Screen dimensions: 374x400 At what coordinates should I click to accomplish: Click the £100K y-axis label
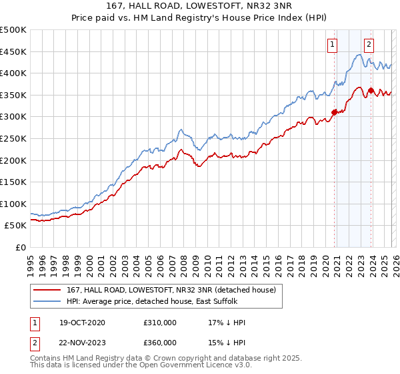pos(13,204)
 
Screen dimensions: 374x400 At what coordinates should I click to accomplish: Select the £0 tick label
pos(20,247)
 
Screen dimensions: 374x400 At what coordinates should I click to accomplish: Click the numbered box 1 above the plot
pos(332,45)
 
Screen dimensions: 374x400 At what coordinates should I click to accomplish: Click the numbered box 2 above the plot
pos(369,45)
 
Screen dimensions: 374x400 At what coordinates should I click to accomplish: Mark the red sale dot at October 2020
pos(334,112)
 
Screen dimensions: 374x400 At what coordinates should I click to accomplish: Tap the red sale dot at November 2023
pos(371,90)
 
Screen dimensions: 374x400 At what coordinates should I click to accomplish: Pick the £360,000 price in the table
pos(160,343)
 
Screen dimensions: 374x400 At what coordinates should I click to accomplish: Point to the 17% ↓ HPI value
pos(227,323)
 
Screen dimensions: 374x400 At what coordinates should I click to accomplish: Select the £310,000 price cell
pos(160,323)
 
